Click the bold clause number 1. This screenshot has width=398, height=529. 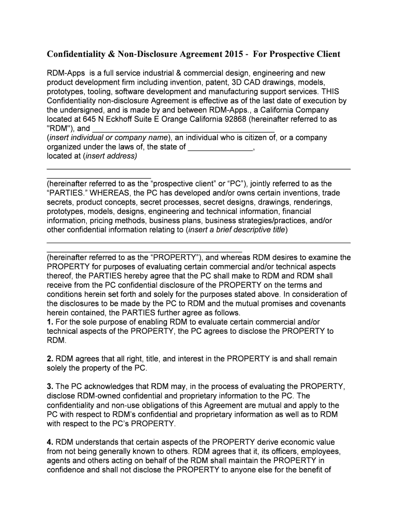coord(50,322)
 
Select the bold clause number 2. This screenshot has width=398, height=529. coord(50,359)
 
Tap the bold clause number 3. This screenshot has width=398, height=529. coord(50,386)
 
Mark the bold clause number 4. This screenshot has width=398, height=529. coord(50,442)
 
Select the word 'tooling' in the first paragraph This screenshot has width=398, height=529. coord(99,91)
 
